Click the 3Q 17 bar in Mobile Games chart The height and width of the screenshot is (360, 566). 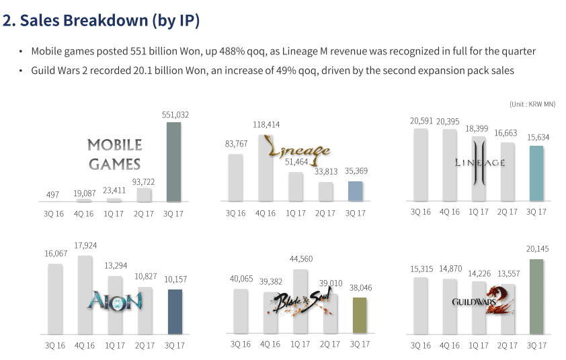[x=174, y=162]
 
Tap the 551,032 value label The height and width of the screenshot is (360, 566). [x=175, y=115]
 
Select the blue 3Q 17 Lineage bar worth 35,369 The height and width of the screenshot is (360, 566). [x=356, y=191]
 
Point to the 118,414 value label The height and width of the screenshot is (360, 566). [x=266, y=124]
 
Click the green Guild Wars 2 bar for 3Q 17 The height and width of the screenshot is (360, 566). [x=536, y=297]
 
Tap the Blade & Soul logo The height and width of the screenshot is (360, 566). [x=296, y=306]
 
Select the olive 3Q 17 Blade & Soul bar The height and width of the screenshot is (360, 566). [x=360, y=316]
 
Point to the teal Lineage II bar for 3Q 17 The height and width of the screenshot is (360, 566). [x=536, y=173]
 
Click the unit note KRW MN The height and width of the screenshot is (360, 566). [x=532, y=103]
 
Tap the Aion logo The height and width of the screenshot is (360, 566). [x=114, y=300]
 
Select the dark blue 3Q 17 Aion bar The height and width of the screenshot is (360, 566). [x=175, y=312]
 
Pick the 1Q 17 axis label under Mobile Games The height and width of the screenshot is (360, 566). [x=115, y=213]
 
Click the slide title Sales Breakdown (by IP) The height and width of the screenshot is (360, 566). [x=102, y=21]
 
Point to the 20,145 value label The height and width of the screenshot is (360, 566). [x=536, y=249]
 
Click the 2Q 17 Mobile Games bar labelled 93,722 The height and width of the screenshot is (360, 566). [x=145, y=195]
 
